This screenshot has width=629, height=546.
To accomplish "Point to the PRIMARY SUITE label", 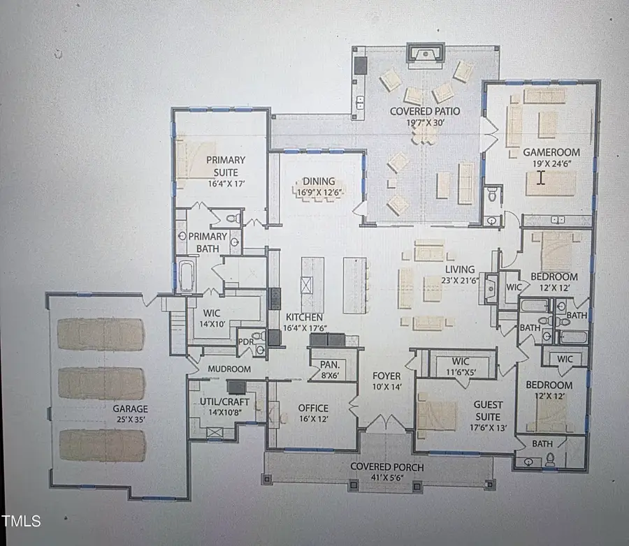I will coord(222,166).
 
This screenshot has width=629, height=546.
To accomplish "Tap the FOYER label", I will coord(385,376).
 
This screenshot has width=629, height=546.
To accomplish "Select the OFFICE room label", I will coord(312,408).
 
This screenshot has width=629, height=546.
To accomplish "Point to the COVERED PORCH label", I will coord(386,467).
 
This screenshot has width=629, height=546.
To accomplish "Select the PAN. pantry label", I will coord(330,364).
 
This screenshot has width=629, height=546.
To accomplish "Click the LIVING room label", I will coord(458,270).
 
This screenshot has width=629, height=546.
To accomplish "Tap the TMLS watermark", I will coord(21,521).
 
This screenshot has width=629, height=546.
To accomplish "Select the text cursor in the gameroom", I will coord(540,177).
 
